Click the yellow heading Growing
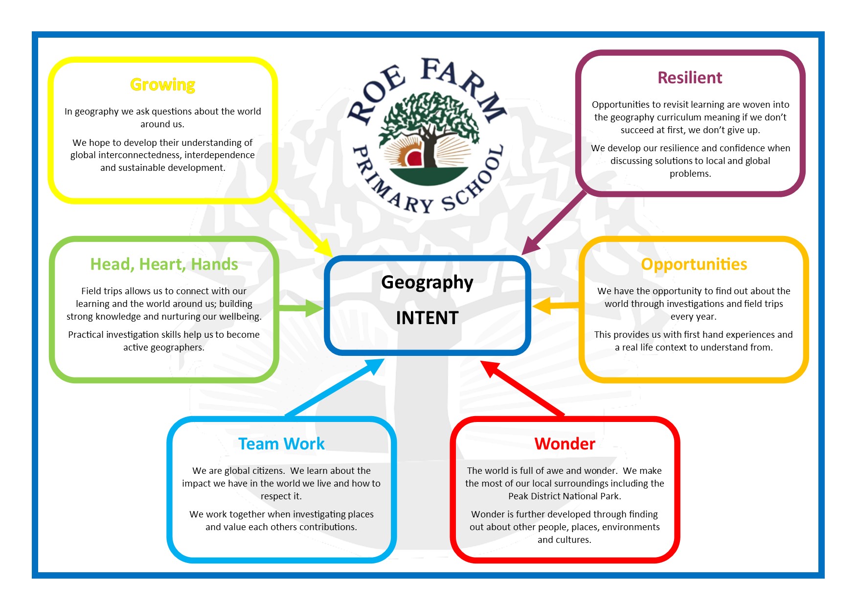pyautogui.click(x=162, y=85)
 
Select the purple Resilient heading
pyautogui.click(x=689, y=78)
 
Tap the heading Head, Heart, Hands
pyautogui.click(x=164, y=264)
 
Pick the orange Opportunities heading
pyautogui.click(x=694, y=264)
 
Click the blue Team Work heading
pyautogui.click(x=281, y=444)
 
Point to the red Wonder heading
pyautogui.click(x=564, y=444)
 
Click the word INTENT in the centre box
pyautogui.click(x=427, y=318)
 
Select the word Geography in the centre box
pyautogui.click(x=427, y=282)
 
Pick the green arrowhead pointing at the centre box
pyautogui.click(x=314, y=308)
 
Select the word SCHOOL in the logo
pyautogui.click(x=474, y=181)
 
